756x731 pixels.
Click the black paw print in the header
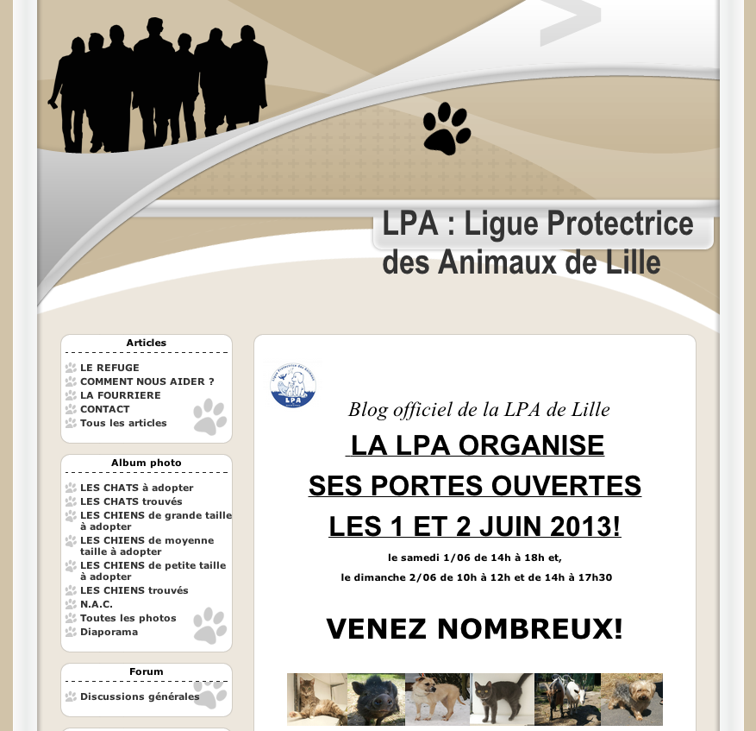click(x=447, y=129)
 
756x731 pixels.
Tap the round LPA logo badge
click(x=293, y=385)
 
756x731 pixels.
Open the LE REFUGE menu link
click(x=109, y=368)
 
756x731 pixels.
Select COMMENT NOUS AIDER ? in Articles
click(x=147, y=381)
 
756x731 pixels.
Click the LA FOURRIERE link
click(x=120, y=395)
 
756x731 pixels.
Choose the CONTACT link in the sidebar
click(x=104, y=409)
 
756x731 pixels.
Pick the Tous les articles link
click(x=123, y=423)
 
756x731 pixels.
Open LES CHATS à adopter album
click(x=136, y=488)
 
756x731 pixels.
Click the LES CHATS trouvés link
click(x=131, y=501)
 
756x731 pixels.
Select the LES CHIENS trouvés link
click(x=134, y=590)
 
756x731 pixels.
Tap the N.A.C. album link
click(x=97, y=604)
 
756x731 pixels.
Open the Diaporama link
click(x=109, y=632)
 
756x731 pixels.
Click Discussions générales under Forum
click(x=140, y=696)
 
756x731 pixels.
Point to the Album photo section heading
click(x=147, y=463)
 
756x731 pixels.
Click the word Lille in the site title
click(x=629, y=262)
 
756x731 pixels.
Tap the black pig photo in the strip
click(x=376, y=699)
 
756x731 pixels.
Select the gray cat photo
click(x=502, y=699)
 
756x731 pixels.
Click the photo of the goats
click(x=567, y=699)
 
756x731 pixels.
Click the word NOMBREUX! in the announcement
click(x=529, y=629)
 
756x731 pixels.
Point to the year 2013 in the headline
click(x=584, y=526)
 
